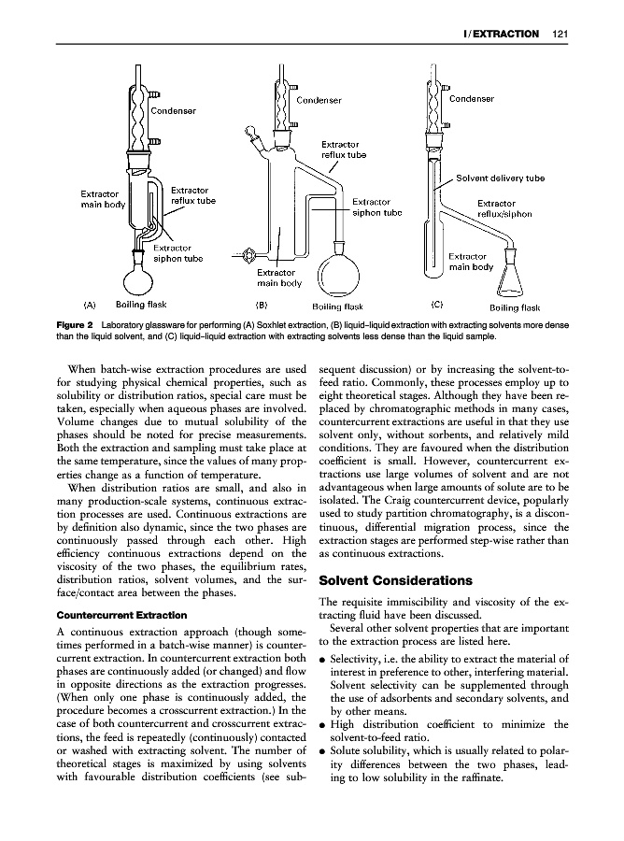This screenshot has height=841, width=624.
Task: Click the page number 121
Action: [560, 35]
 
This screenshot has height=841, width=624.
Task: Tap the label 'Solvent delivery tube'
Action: [500, 178]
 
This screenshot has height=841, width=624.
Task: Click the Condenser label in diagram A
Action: [174, 110]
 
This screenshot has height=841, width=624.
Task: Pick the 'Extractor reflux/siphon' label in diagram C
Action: [504, 208]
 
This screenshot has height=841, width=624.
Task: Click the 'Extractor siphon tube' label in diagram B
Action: [377, 207]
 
